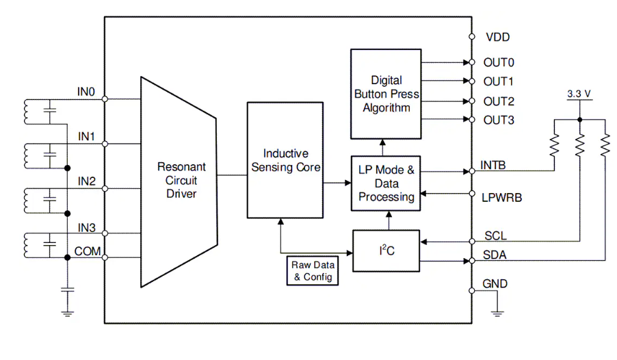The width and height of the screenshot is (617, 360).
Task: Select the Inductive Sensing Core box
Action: [285, 160]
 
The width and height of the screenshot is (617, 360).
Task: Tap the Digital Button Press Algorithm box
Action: [386, 94]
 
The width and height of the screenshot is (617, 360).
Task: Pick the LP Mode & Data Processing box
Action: [386, 183]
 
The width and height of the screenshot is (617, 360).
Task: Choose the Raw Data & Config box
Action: [311, 271]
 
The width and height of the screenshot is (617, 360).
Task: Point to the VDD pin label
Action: [497, 37]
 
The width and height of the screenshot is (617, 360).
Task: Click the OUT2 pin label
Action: [498, 101]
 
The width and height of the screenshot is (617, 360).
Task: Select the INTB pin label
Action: [495, 165]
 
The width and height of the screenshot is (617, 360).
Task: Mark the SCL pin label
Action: [495, 235]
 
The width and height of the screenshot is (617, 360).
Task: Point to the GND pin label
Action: [495, 284]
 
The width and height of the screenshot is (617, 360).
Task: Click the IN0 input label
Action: [87, 90]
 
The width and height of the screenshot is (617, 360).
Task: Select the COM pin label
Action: [88, 251]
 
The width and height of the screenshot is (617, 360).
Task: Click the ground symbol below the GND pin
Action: [498, 313]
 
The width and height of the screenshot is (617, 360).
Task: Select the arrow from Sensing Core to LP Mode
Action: [337, 183]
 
